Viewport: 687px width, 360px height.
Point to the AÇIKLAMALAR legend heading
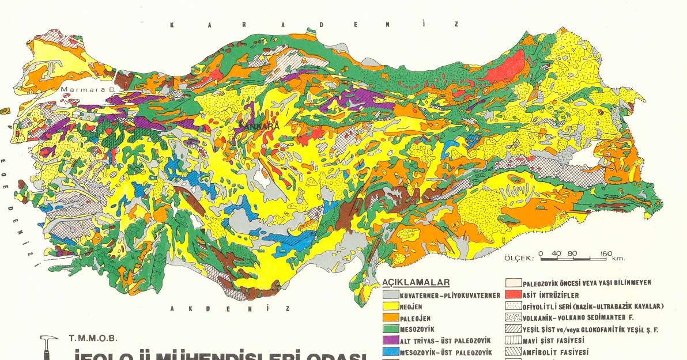pyautogui.click(x=416, y=283)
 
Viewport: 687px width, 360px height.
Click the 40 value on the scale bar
pyautogui.click(x=556, y=253)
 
